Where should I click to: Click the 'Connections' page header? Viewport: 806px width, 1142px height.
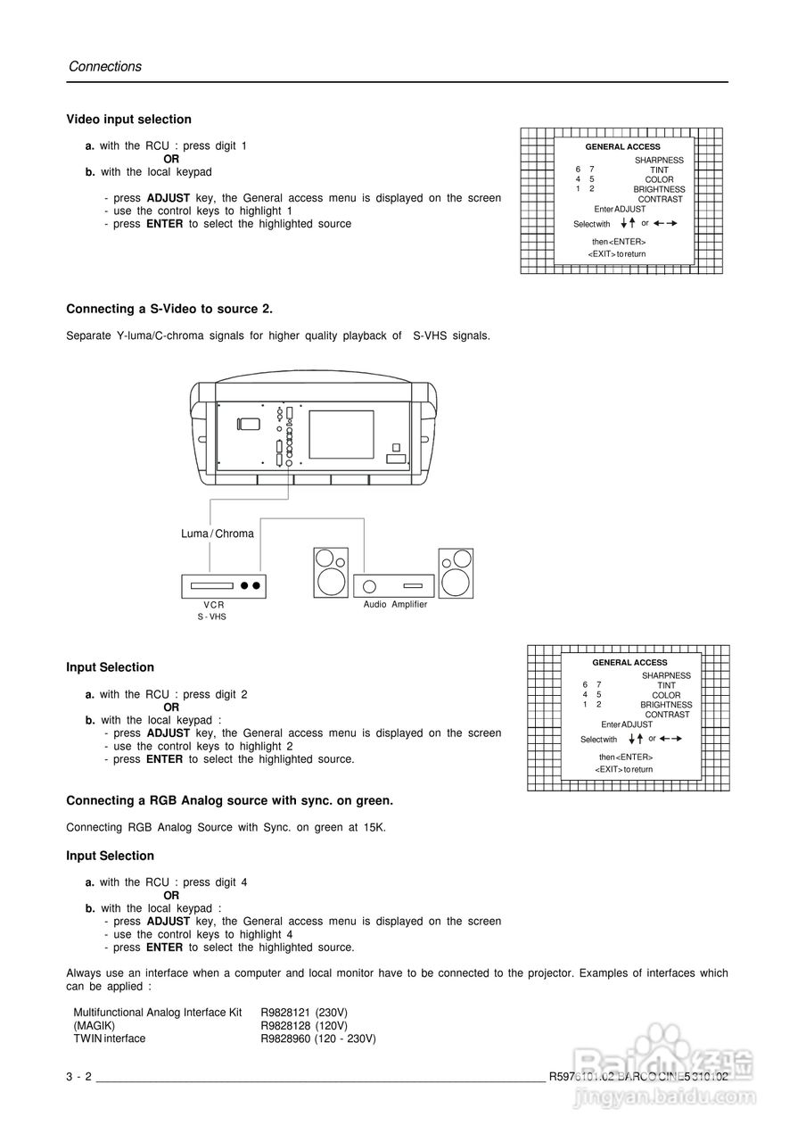click(x=105, y=67)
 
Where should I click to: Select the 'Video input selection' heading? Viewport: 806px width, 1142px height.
click(x=128, y=120)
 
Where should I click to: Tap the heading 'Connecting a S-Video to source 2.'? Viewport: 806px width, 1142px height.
click(x=169, y=309)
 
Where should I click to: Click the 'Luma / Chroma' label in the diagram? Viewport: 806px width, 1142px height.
click(x=218, y=534)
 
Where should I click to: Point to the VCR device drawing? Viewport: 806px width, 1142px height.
click(x=224, y=585)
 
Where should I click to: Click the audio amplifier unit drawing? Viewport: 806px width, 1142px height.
click(x=394, y=585)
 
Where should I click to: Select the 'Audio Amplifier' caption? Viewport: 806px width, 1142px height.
click(x=395, y=605)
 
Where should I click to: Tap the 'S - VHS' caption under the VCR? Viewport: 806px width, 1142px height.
click(x=212, y=617)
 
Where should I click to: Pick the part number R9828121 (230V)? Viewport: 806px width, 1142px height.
click(x=304, y=1013)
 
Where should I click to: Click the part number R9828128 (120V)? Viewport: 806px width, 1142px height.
click(x=304, y=1026)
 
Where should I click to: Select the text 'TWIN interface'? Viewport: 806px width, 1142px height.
click(x=109, y=1039)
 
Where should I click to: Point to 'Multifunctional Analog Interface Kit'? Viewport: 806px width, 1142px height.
click(x=158, y=1013)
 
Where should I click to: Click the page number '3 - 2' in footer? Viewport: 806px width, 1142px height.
click(x=78, y=1077)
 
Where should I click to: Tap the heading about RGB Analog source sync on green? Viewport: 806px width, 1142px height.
click(x=229, y=800)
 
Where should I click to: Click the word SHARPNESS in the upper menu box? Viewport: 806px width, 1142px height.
click(x=659, y=161)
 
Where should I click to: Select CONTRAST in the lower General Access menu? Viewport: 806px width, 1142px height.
click(x=667, y=715)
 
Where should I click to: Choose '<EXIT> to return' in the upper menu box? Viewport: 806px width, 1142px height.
click(x=616, y=254)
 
